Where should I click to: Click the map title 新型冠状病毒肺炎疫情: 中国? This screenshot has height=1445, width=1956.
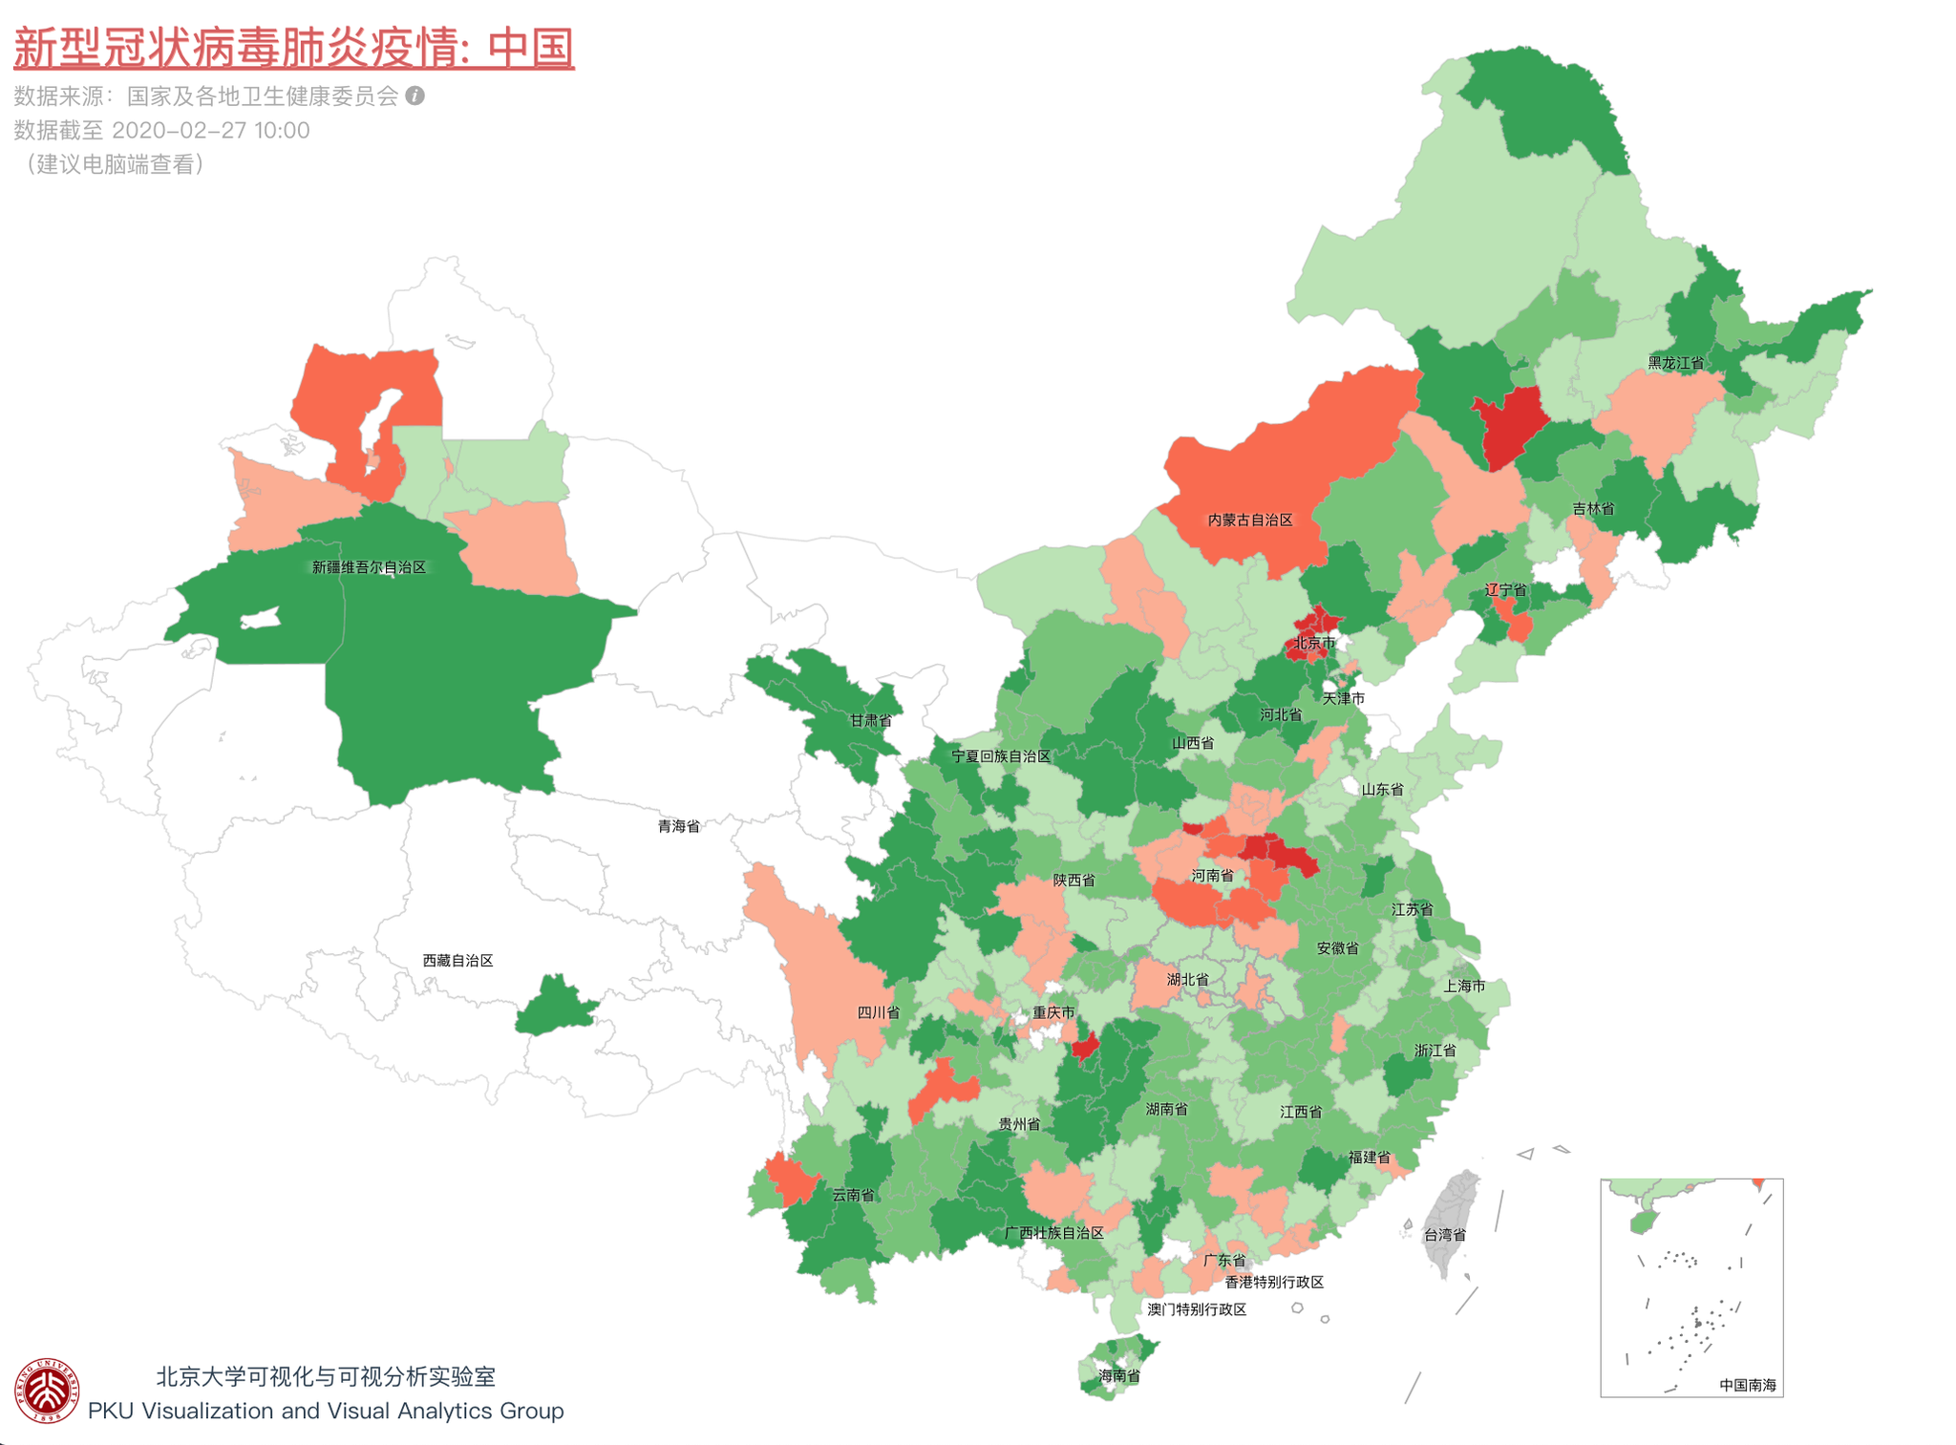pyautogui.click(x=293, y=48)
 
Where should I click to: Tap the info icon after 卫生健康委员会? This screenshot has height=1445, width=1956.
pyautogui.click(x=415, y=96)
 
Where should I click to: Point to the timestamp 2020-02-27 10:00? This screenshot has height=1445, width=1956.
pyautogui.click(x=210, y=130)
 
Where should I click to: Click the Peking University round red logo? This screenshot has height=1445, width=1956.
pyautogui.click(x=46, y=1390)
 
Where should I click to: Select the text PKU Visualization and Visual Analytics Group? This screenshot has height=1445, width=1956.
pyautogui.click(x=326, y=1411)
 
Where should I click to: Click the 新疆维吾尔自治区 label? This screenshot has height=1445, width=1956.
pyautogui.click(x=369, y=567)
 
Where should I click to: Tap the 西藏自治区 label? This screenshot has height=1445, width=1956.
pyautogui.click(x=457, y=960)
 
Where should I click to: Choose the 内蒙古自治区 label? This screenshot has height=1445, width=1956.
pyautogui.click(x=1249, y=520)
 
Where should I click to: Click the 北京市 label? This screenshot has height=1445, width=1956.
pyautogui.click(x=1314, y=643)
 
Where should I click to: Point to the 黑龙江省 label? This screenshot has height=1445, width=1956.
pyautogui.click(x=1675, y=363)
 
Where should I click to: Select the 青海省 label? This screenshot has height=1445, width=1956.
pyautogui.click(x=678, y=826)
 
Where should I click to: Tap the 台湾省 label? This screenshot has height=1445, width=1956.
pyautogui.click(x=1444, y=1235)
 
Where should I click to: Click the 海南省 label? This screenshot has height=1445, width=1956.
pyautogui.click(x=1118, y=1375)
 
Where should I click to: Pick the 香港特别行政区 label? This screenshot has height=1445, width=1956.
pyautogui.click(x=1274, y=1282)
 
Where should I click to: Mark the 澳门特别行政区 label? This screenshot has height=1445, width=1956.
pyautogui.click(x=1196, y=1309)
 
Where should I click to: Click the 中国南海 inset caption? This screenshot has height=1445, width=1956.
pyautogui.click(x=1747, y=1384)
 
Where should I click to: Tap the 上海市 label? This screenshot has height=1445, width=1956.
pyautogui.click(x=1463, y=986)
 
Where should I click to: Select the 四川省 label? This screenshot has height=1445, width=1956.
pyautogui.click(x=878, y=1012)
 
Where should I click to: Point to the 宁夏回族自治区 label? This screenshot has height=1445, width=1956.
pyautogui.click(x=1000, y=756)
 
